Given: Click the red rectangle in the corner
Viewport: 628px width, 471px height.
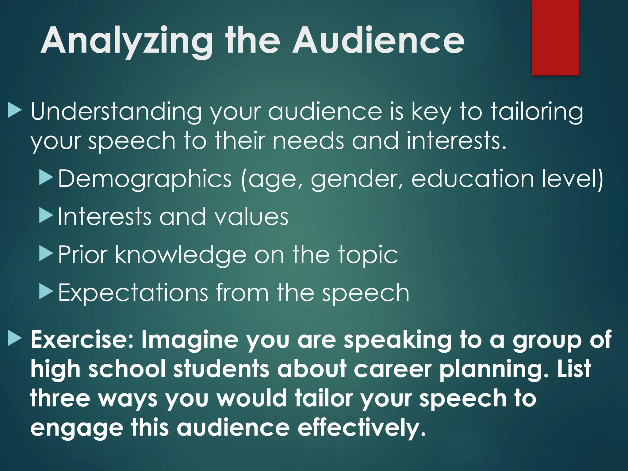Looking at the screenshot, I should pos(555,37).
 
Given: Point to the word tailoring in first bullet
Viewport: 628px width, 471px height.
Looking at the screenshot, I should pos(537,112).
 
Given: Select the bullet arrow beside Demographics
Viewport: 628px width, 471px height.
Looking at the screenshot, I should pos(46,178).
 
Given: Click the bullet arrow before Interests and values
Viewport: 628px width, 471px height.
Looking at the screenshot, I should pos(46,216).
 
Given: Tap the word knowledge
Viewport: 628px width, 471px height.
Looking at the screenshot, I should pos(181,255).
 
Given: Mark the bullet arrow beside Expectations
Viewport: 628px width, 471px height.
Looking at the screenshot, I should pos(46,292).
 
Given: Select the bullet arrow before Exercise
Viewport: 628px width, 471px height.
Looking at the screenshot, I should pos(14,339).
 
